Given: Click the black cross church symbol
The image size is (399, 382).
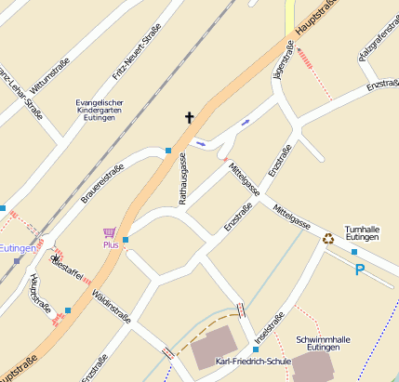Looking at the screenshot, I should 190,118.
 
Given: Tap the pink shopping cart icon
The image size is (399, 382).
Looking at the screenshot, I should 110,232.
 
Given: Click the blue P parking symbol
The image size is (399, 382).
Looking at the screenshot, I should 359,270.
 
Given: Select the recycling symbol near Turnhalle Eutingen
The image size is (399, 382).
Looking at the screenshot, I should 328,238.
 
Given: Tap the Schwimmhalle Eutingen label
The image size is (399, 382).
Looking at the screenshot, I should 326,346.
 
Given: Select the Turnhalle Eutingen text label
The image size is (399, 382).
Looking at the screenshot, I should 362,233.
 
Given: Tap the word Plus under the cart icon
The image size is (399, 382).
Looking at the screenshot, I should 111,245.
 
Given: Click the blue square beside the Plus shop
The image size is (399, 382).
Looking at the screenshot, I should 126,240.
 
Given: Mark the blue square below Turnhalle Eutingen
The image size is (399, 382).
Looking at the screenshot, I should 354,252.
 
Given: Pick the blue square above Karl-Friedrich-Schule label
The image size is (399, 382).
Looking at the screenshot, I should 256,349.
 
